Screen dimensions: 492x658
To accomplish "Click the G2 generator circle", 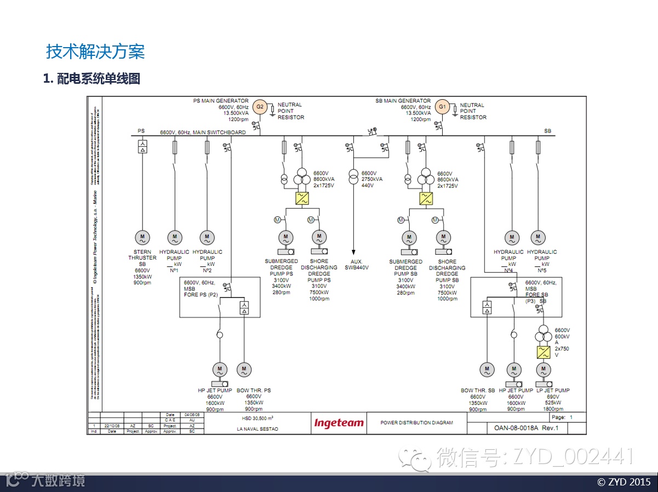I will (261, 107).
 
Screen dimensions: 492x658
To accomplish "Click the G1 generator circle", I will (443, 107).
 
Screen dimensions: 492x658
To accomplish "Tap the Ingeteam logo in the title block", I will (339, 423).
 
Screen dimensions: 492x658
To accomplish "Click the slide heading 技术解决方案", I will (95, 52).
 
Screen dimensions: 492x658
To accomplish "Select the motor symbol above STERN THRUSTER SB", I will (142, 238).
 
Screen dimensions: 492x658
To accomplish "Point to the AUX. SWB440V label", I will (357, 265).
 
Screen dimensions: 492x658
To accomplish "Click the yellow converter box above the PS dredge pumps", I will (302, 198).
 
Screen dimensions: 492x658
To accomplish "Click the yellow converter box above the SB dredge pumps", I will (426, 198).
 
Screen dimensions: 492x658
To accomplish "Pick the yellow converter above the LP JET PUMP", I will (543, 352).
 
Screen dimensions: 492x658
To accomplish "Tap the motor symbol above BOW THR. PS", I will (244, 369).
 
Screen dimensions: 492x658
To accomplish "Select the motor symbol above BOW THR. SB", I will (487, 369).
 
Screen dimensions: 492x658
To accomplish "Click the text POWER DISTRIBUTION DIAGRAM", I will (417, 423).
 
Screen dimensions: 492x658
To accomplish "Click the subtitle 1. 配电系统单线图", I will (92, 79).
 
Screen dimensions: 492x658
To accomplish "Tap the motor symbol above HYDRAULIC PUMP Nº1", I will (175, 238).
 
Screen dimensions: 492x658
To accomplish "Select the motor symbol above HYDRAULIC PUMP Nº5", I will (538, 238).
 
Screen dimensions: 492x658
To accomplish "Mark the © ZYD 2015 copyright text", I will (623, 482).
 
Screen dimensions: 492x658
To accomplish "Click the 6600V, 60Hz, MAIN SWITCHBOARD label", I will (203, 133).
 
